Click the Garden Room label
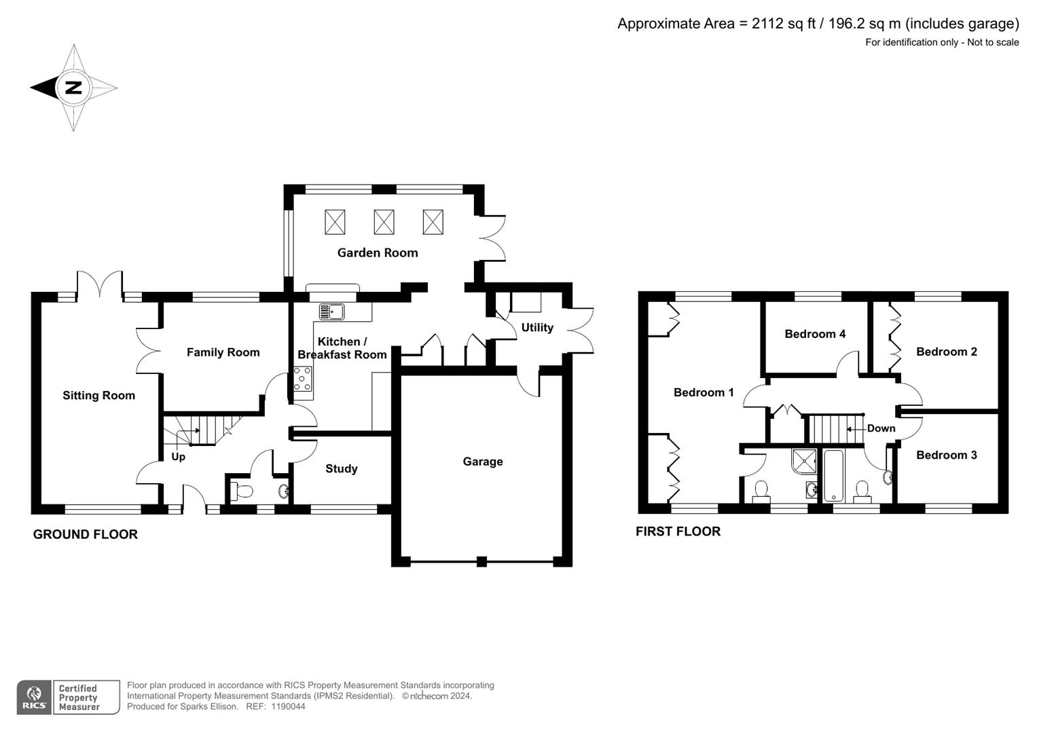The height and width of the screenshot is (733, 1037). (378, 252)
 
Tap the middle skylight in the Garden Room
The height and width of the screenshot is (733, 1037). (384, 222)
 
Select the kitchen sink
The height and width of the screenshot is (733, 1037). (332, 312)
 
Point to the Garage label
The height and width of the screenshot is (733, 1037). (483, 462)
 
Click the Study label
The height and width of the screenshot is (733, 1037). (341, 468)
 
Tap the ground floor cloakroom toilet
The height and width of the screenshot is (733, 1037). (241, 490)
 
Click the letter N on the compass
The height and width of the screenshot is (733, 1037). (73, 88)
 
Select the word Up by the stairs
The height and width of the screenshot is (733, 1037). (178, 457)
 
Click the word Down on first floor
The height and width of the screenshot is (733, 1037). (881, 428)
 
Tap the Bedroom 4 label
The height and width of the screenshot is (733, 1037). (814, 334)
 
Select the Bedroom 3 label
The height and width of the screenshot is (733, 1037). (946, 455)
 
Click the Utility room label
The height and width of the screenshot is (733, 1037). (537, 327)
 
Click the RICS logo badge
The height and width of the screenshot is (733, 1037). (34, 697)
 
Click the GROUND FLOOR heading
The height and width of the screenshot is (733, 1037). (86, 534)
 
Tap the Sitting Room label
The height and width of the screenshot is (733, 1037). (98, 395)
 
